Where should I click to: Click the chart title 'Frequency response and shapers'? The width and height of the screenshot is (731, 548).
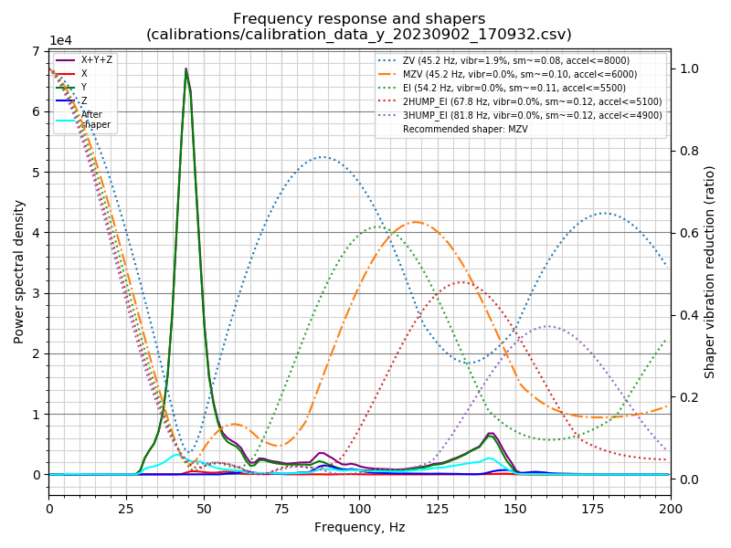pyautogui.click(x=359, y=19)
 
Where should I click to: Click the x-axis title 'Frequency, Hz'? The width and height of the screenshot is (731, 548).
pyautogui.click(x=359, y=527)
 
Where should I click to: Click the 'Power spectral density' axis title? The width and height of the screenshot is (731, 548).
pyautogui.click(x=19, y=263)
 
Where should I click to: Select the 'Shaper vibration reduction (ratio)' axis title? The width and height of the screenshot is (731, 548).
pyautogui.click(x=710, y=271)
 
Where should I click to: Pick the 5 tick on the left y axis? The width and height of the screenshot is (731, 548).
pyautogui.click(x=37, y=173)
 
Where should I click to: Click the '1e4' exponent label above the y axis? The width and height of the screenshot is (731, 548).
pyautogui.click(x=60, y=41)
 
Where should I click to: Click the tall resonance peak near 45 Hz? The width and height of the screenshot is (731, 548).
pyautogui.click(x=186, y=69)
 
